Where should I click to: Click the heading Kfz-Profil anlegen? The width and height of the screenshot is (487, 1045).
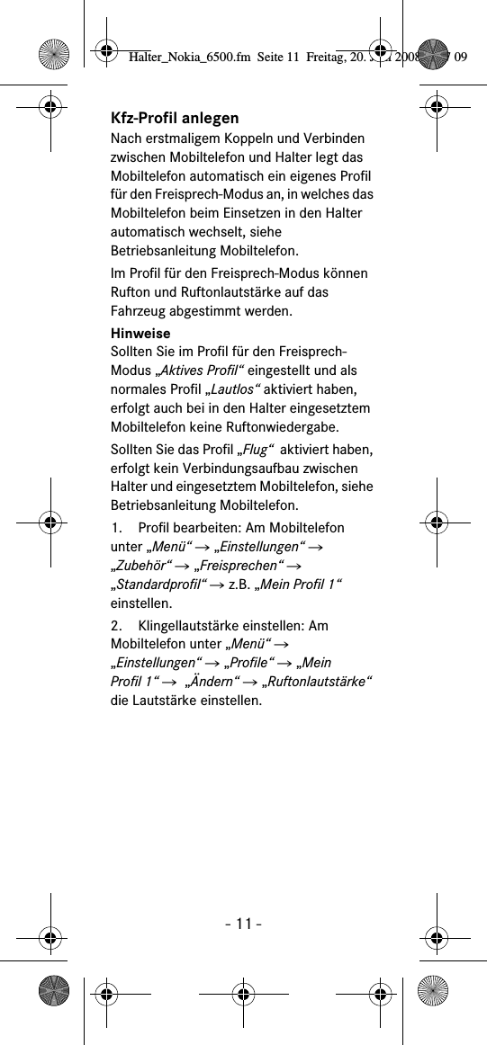tap(175, 119)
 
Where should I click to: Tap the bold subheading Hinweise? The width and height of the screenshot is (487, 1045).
tap(140, 333)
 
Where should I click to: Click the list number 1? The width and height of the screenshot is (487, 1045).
tap(117, 527)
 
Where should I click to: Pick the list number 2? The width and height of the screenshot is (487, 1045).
tap(117, 625)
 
